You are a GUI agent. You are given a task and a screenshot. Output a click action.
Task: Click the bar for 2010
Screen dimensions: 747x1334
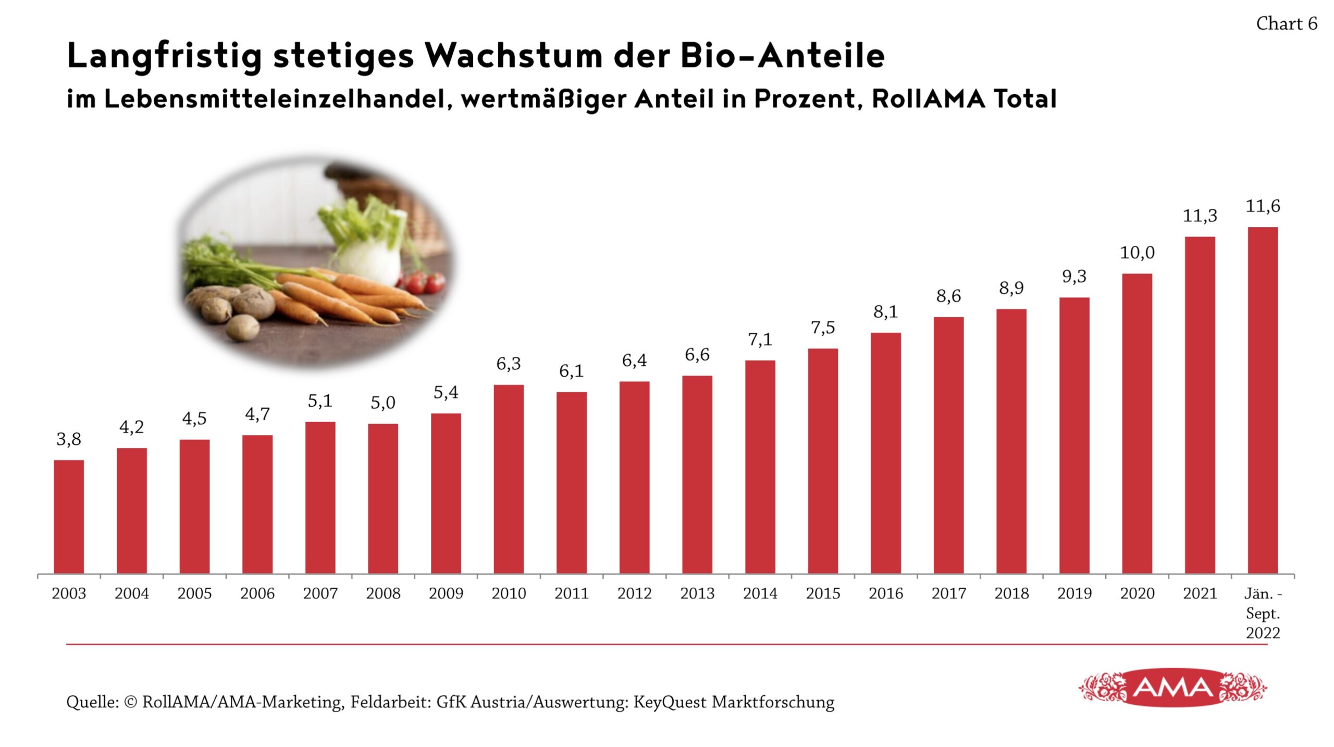[509, 479]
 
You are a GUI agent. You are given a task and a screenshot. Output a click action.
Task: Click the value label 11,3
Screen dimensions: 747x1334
[1200, 216]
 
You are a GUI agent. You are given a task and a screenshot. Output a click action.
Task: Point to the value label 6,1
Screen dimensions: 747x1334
[571, 371]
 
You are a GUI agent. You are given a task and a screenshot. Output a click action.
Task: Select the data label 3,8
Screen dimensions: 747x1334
[69, 439]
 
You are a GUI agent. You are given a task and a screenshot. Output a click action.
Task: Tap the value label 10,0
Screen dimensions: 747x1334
[1137, 253]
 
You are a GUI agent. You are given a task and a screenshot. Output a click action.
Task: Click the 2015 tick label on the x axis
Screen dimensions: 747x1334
[823, 593]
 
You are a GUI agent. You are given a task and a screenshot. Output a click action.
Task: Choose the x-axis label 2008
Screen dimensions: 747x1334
[383, 593]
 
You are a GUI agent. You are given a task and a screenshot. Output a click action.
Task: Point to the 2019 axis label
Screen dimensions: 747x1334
[1074, 593]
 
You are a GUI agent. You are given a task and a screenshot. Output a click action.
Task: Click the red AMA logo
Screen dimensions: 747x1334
[1172, 688]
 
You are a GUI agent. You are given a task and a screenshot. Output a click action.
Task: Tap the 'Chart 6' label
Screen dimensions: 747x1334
[1286, 24]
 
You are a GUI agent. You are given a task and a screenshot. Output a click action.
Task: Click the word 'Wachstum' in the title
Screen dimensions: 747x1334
[513, 55]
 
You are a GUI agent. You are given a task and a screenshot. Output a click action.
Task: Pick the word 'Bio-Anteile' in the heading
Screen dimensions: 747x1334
[782, 55]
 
